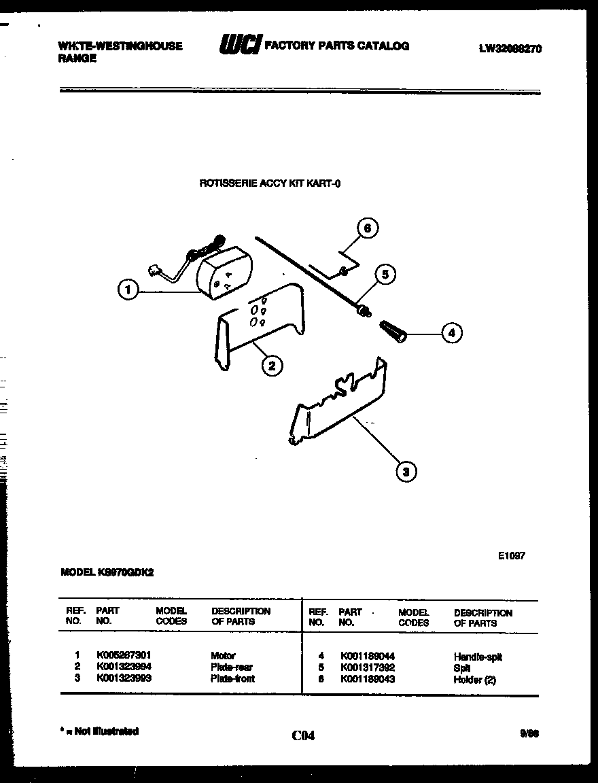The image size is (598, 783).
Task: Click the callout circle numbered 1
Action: coord(126,291)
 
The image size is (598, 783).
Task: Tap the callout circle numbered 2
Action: coord(271,366)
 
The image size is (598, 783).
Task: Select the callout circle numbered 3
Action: coord(406,470)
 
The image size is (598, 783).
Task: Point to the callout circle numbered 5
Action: coord(385,275)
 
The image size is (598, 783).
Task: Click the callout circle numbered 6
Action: coord(367,228)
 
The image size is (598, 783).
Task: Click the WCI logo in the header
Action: coord(239,46)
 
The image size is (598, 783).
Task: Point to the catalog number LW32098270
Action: coord(510,48)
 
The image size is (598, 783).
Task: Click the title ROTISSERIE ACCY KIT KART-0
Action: coord(269,183)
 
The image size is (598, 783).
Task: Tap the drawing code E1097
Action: coord(511,555)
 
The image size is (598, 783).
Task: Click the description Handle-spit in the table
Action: coord(477,657)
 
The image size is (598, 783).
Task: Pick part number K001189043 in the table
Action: coord(367,679)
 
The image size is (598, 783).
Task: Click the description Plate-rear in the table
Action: coord(232,667)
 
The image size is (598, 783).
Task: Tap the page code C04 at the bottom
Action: coord(303,735)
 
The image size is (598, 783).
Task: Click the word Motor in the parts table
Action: coord(223,656)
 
